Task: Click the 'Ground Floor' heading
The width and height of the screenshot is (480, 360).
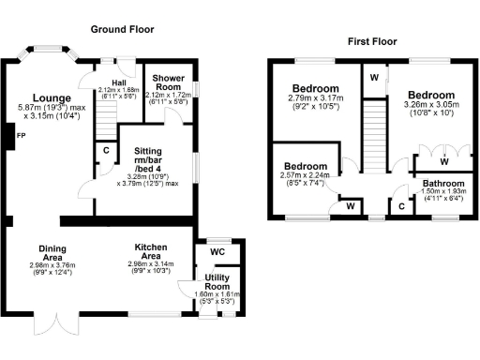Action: click(x=123, y=30)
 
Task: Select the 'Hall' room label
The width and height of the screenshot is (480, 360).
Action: click(x=117, y=82)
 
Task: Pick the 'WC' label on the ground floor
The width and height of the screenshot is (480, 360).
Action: click(x=217, y=252)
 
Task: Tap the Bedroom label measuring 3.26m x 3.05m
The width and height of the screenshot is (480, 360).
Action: click(x=431, y=96)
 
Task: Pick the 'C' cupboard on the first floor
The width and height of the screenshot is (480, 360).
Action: click(x=401, y=204)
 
